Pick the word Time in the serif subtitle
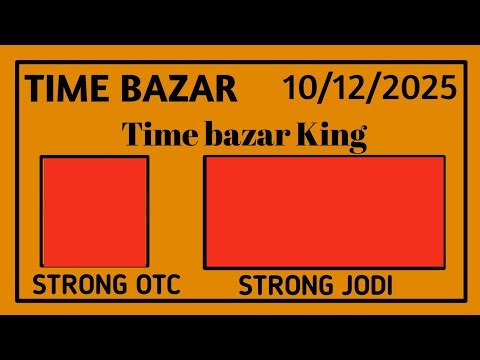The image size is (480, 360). (x=154, y=134)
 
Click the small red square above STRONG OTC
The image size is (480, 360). (x=95, y=211)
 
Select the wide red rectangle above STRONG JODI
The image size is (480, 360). (x=324, y=211)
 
